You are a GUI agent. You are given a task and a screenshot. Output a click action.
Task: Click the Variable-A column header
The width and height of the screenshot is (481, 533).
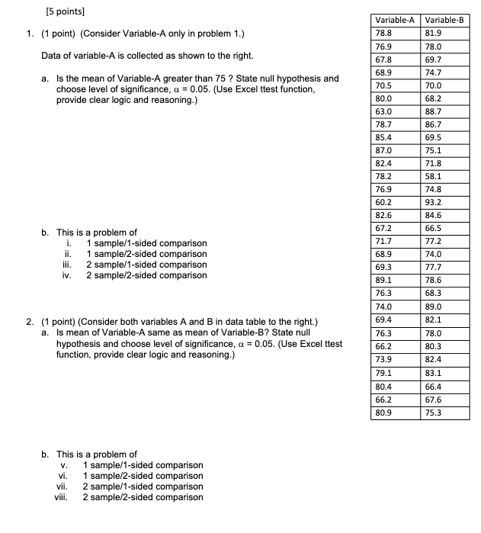pyautogui.click(x=393, y=20)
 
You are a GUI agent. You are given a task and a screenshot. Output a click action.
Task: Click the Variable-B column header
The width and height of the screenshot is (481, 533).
pyautogui.click(x=444, y=20)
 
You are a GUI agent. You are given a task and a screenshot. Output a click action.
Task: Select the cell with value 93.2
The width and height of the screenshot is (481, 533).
pyautogui.click(x=434, y=202)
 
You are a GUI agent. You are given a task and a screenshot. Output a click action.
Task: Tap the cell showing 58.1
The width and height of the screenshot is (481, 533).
pyautogui.click(x=434, y=176)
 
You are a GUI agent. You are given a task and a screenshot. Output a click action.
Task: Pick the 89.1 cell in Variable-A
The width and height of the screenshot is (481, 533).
pyautogui.click(x=383, y=280)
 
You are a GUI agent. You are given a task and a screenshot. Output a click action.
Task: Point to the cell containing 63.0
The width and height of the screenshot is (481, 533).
pyautogui.click(x=383, y=111)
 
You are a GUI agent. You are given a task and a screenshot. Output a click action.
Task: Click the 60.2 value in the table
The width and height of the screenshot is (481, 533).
pyautogui.click(x=383, y=202)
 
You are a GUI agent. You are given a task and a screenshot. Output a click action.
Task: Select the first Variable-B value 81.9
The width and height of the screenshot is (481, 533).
pyautogui.click(x=434, y=34)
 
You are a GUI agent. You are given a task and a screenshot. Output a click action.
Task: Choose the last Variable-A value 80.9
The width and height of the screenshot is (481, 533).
pyautogui.click(x=383, y=413)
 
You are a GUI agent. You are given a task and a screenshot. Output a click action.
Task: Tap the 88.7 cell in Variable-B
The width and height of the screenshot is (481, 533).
pyautogui.click(x=434, y=111)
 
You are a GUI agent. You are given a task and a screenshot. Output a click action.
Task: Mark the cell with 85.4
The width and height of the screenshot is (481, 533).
pyautogui.click(x=383, y=137)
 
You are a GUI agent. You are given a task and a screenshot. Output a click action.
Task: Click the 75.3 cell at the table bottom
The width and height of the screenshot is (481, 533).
pyautogui.click(x=434, y=413)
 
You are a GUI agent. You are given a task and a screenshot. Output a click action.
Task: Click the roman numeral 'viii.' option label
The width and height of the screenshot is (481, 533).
pyautogui.click(x=63, y=497)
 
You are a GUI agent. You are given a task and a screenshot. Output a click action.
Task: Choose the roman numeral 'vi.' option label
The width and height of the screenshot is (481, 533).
pyautogui.click(x=66, y=476)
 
